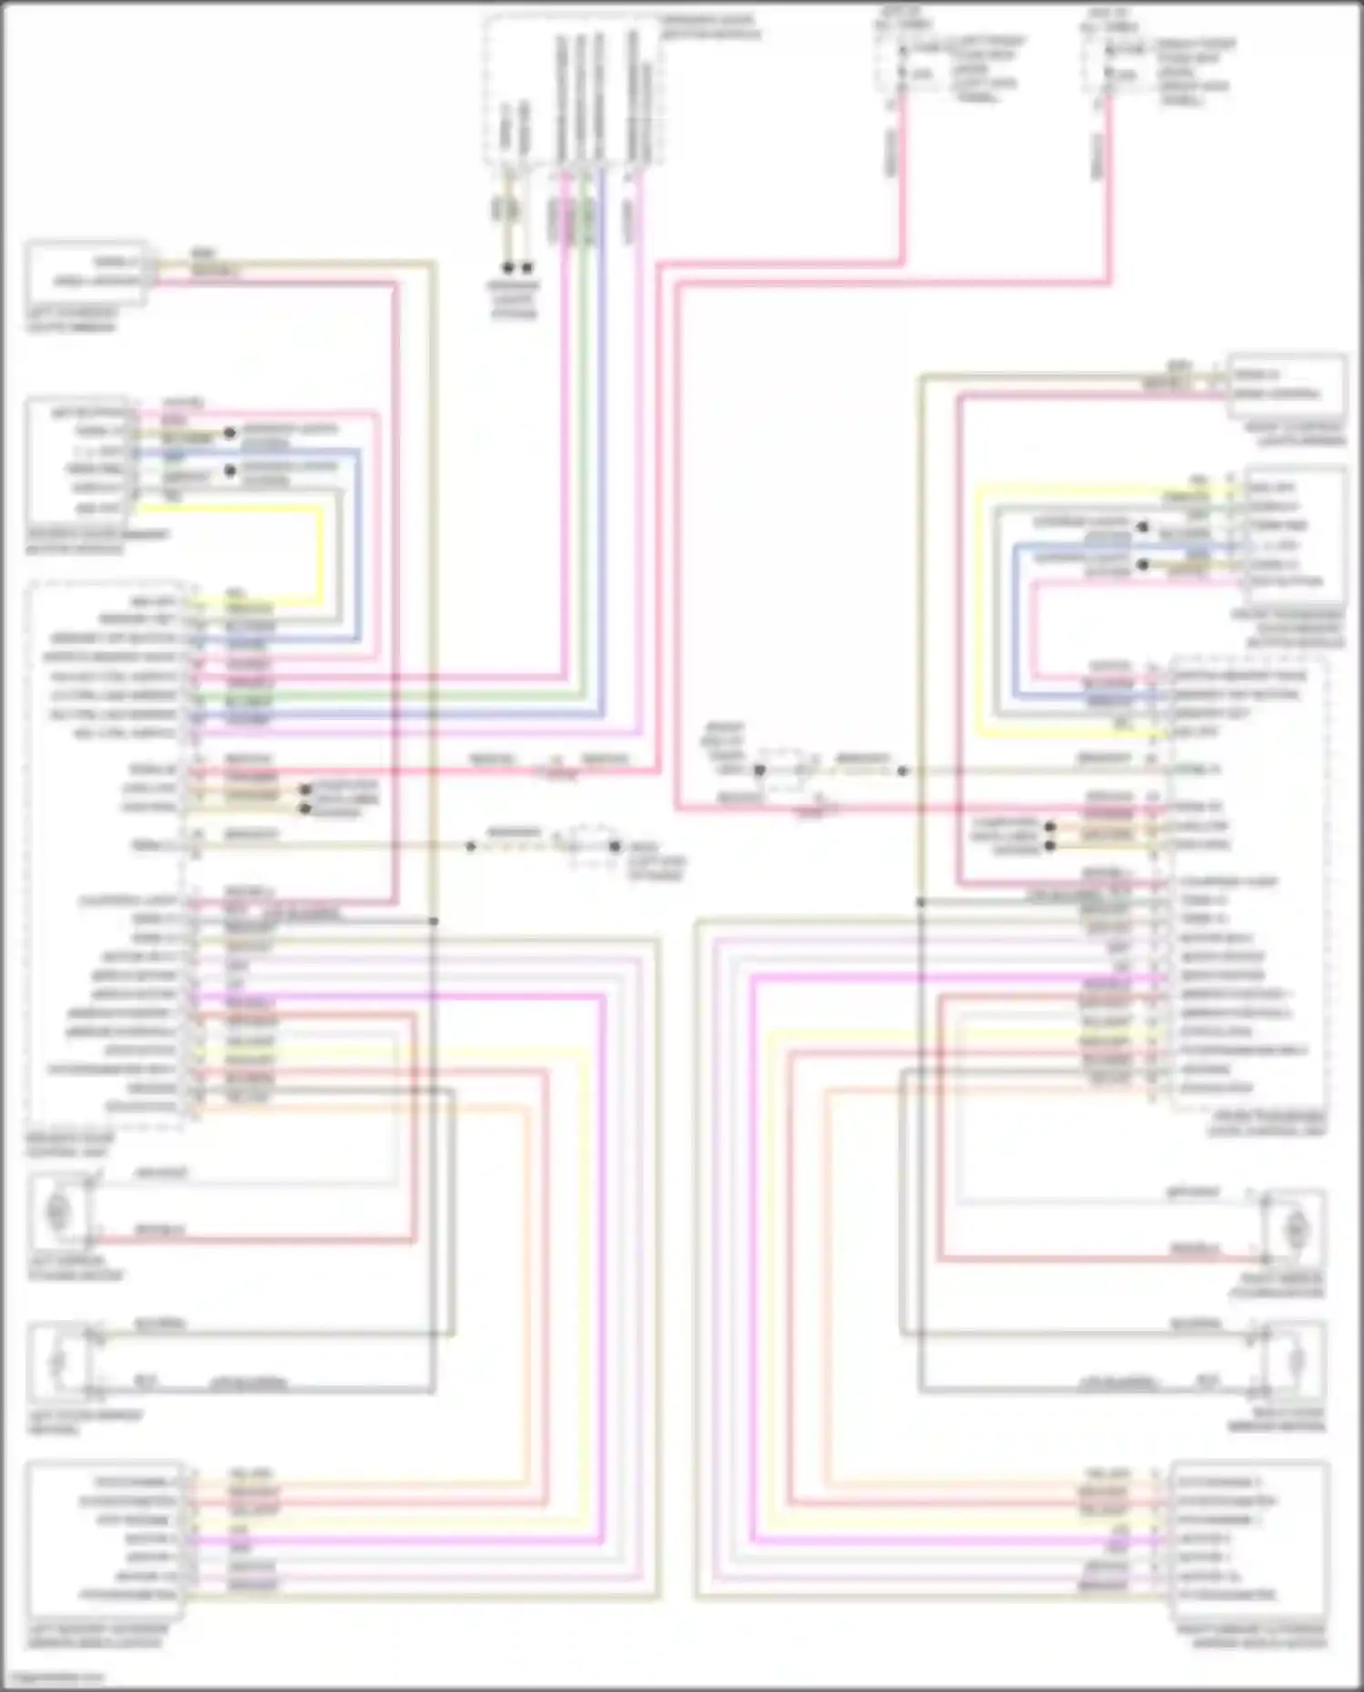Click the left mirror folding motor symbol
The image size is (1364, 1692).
tap(58, 1211)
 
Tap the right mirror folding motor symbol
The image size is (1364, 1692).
tap(1295, 1229)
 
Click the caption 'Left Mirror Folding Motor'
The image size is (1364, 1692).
tap(76, 1268)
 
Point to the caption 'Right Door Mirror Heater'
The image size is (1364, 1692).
tap(1276, 1421)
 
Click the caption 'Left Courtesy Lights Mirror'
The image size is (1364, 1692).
tap(71, 320)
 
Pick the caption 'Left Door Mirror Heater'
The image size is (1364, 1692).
tap(85, 1423)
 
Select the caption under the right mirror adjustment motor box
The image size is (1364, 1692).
tap(1251, 1637)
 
